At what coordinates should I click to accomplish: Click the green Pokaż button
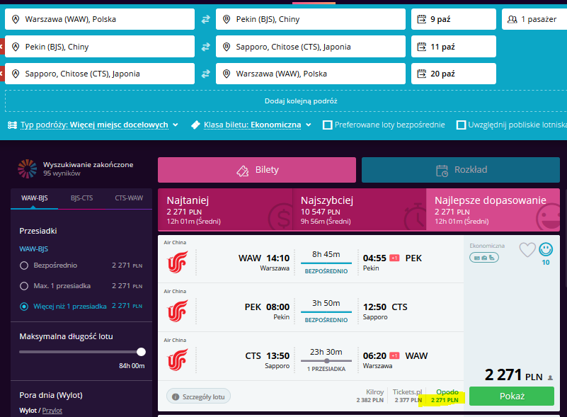511,396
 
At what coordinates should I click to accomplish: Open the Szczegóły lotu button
198,396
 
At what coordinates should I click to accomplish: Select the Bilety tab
257,170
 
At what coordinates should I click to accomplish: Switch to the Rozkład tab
461,170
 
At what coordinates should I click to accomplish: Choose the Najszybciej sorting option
359,210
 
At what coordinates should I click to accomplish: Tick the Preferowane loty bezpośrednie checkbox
328,125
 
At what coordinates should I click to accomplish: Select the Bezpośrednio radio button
24,265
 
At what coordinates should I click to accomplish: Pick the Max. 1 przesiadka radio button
24,286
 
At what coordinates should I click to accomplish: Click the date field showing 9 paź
454,19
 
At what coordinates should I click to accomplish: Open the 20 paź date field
454,74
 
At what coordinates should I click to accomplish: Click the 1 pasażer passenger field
534,19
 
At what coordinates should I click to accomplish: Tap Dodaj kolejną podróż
301,101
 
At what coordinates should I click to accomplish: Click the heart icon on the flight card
527,249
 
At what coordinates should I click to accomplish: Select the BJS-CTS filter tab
81,198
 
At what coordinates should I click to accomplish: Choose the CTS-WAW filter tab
129,198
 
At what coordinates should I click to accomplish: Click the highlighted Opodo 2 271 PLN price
445,396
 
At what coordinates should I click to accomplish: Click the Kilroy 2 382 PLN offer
370,396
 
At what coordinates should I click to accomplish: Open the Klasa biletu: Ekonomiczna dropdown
252,125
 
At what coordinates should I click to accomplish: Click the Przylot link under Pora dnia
52,411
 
